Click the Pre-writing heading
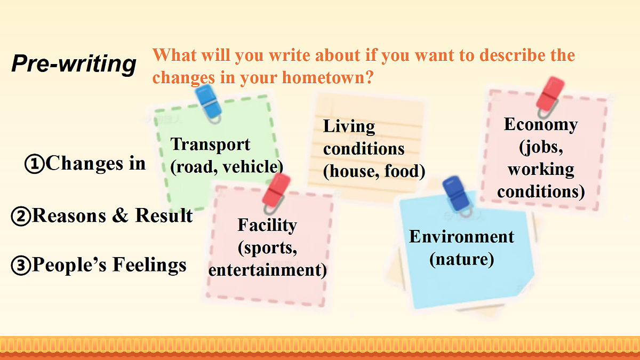pos(74,64)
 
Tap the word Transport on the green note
pos(210,145)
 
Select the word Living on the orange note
pos(349,126)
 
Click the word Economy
pos(541,125)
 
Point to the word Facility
pos(267,225)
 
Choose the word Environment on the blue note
pos(461,237)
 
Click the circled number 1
pos(35,164)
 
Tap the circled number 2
pos(21,217)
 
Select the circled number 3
pos(21,266)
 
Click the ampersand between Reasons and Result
pos(120,215)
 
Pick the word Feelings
pos(149,265)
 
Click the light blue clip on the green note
pos(209,103)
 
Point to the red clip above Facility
pos(275,193)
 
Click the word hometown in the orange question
pos(327,77)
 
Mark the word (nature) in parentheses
pos(461,259)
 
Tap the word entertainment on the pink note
pos(267,270)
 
